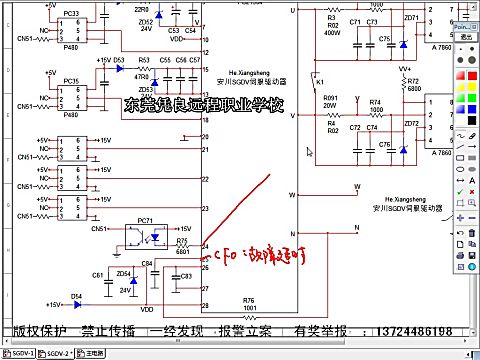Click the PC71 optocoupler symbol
(146, 238)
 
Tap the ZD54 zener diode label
(124, 273)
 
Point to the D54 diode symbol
(77, 302)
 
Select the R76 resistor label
(248, 299)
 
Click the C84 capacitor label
(147, 263)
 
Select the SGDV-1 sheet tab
(20, 353)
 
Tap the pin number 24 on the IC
(205, 246)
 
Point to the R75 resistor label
(182, 242)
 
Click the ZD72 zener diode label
(411, 122)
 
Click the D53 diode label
(119, 60)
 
